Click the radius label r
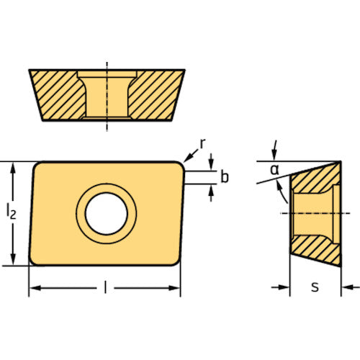pos(202,144)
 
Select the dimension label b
pos(225,177)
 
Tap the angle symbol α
pos(274,170)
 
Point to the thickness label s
pos(315,287)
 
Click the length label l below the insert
pos(105,287)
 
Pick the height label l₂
pos(12,212)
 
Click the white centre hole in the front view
pos(107,214)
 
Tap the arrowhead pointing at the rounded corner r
pos(188,158)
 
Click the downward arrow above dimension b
pos(211,162)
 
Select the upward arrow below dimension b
pos(211,193)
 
